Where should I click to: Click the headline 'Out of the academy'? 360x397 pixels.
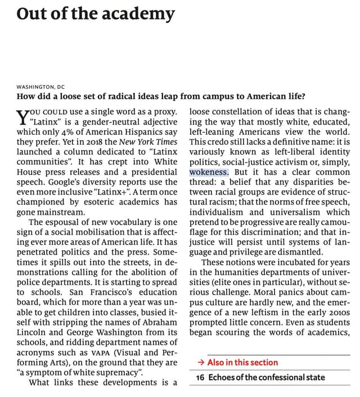tap(96, 13)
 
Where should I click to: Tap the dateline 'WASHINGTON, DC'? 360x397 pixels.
tap(40, 87)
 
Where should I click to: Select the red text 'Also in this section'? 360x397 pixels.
tap(242, 363)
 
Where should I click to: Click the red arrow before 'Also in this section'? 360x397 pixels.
tap(201, 363)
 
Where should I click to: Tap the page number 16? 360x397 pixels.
tap(200, 377)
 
